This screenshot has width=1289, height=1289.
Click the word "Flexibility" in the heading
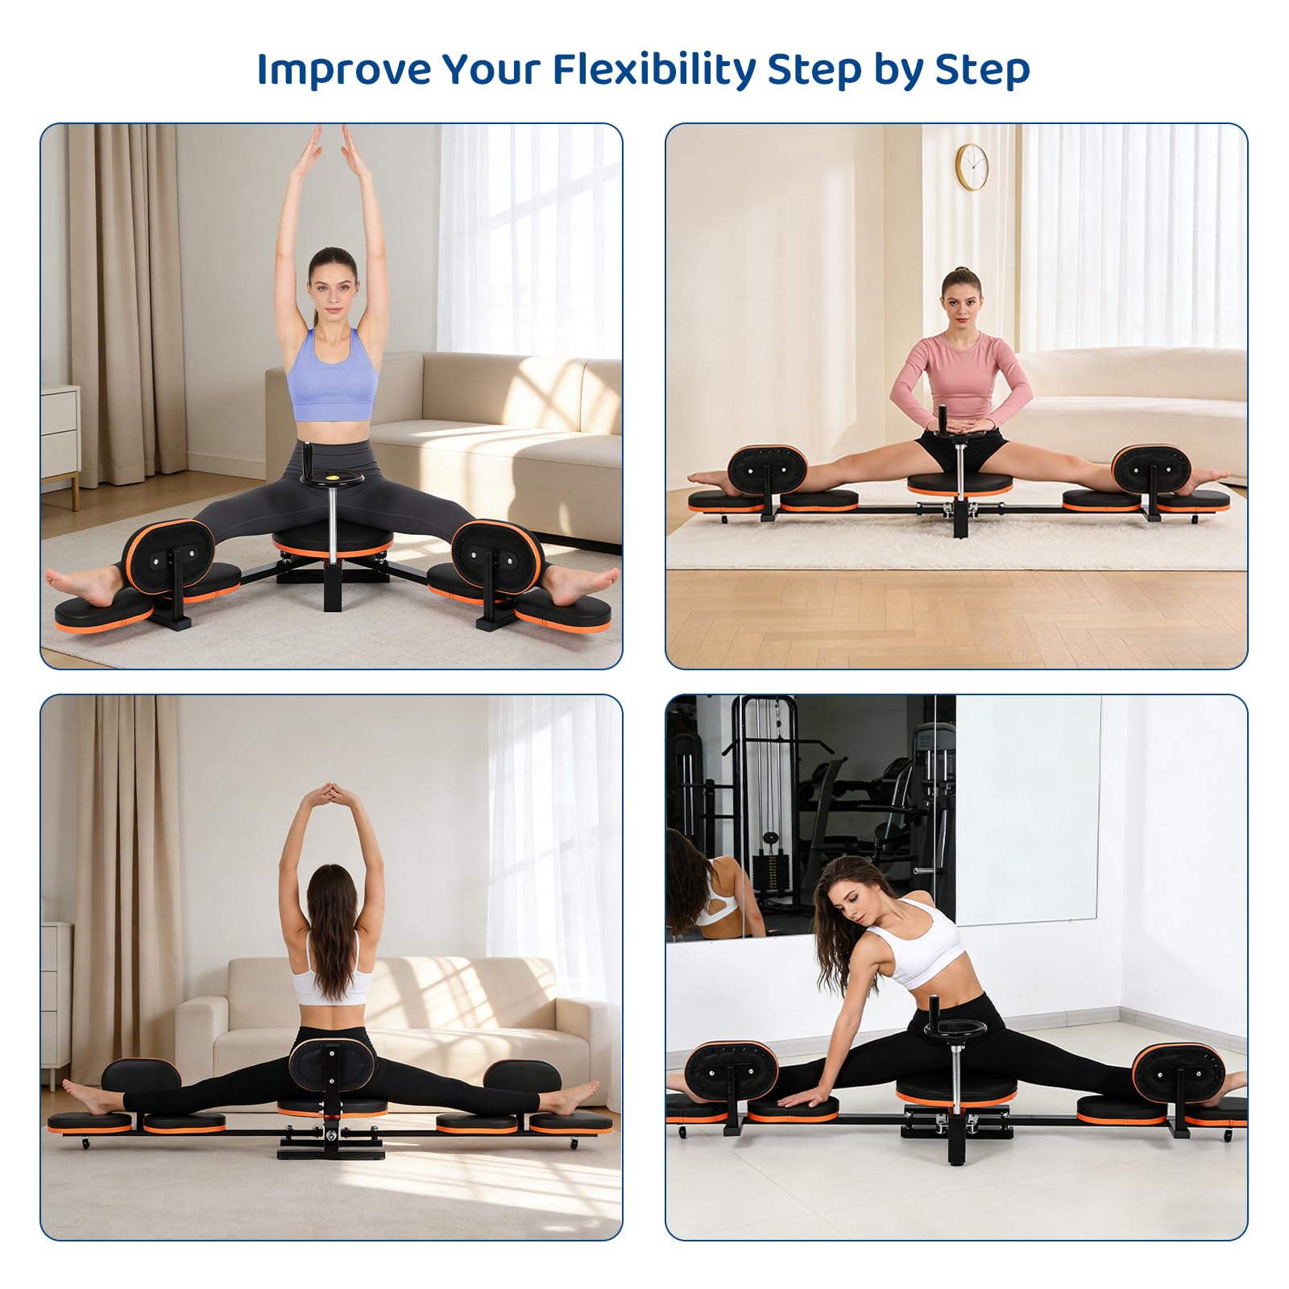coord(654,70)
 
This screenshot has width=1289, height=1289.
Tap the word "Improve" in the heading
coord(344,69)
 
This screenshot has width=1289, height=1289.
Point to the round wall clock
coord(972,167)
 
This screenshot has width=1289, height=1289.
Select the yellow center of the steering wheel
coord(332,478)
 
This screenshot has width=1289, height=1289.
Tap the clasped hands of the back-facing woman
coord(332,793)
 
